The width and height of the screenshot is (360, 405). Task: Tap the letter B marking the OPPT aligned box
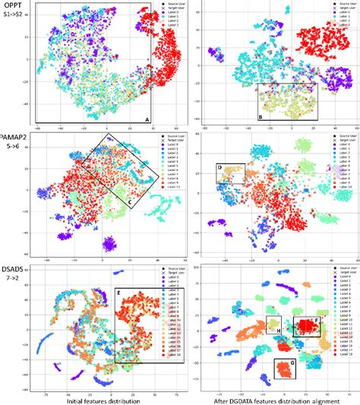click(x=261, y=116)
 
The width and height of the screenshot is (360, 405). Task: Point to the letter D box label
click(x=219, y=166)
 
